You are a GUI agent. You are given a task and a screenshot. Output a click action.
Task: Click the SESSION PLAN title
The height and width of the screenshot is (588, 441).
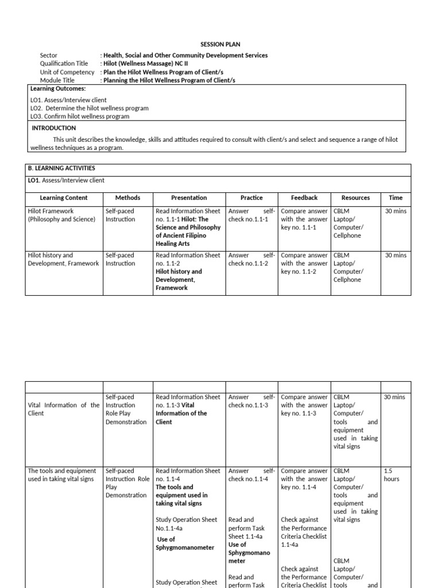coord(220,44)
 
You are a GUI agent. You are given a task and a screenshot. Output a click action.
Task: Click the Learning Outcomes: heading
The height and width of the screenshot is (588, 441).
coord(58,88)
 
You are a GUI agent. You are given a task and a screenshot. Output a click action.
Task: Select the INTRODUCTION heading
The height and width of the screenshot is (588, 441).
coord(53,128)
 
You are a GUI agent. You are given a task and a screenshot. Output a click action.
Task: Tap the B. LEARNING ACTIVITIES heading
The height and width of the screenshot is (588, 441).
coord(61,168)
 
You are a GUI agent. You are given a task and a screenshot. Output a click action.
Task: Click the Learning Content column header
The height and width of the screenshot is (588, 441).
coord(64,198)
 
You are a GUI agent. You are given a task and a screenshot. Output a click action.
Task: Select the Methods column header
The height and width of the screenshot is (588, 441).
coord(127,198)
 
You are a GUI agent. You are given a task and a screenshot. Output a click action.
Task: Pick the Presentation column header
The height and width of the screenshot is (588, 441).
coord(189,198)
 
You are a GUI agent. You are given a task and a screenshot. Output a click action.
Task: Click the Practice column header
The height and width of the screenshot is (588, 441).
coord(252,198)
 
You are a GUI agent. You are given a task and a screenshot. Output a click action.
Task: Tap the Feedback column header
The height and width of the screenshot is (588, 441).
coord(304,198)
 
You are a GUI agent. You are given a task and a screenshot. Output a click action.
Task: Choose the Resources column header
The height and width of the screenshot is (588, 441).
coord(355,198)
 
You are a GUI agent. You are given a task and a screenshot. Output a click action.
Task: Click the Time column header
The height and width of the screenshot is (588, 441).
coord(396,198)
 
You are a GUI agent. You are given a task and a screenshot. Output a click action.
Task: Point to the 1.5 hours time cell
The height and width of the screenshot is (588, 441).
coord(392,474)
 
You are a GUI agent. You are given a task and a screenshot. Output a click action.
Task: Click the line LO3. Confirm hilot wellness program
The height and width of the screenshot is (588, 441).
coord(80,116)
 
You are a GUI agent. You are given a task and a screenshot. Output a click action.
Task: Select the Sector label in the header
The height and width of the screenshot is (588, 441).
coord(49,56)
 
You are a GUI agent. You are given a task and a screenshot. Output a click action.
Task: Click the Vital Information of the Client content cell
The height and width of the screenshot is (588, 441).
coord(63,409)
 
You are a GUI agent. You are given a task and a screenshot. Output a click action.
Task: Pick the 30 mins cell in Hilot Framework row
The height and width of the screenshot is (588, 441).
coord(396,211)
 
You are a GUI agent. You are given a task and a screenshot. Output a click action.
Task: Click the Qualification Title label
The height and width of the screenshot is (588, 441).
coord(64,64)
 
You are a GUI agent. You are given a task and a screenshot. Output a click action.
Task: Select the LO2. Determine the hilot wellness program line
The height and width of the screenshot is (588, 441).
coord(89,108)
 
